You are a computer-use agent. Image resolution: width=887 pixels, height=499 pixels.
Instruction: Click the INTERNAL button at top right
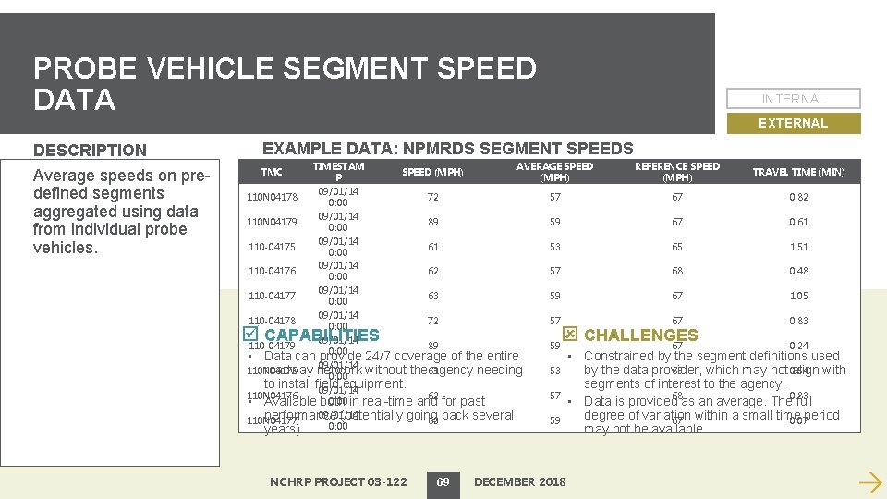794,99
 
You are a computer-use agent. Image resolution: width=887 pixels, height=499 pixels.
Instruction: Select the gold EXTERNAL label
793,123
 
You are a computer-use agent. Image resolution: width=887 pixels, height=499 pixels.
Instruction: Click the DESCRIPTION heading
90,150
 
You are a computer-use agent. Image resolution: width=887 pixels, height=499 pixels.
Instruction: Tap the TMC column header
272,172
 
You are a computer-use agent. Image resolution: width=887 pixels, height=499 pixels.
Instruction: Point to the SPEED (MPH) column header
432,172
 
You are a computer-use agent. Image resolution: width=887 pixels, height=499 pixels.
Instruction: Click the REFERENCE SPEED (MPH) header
677,172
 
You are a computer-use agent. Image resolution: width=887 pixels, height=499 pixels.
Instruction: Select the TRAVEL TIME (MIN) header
798,172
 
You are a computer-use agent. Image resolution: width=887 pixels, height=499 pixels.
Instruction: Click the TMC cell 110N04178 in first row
272,197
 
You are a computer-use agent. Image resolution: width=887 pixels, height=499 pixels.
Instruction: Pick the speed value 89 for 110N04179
433,222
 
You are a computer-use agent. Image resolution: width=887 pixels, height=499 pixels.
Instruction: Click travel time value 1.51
798,247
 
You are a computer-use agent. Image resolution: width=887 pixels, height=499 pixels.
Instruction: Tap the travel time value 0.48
798,271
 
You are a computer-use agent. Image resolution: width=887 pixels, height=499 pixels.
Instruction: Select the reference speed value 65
677,247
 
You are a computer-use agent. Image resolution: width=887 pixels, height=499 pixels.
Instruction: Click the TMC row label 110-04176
272,271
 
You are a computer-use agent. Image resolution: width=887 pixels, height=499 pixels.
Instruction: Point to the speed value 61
433,247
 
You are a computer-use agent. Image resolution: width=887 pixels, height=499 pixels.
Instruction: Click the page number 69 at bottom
443,481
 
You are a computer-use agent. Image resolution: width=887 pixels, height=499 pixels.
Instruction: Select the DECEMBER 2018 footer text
519,481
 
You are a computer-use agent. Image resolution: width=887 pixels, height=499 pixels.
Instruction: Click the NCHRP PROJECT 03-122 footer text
338,481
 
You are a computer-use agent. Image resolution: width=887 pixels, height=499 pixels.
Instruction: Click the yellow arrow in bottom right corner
869,481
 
